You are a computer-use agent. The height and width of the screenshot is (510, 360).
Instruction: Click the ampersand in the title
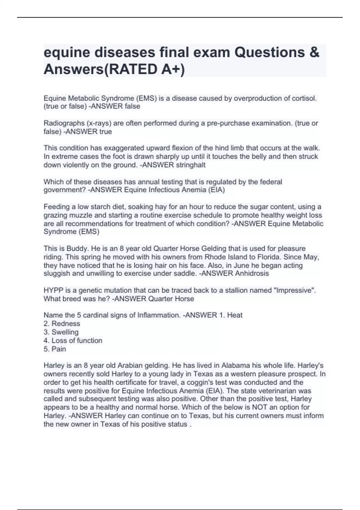(313, 52)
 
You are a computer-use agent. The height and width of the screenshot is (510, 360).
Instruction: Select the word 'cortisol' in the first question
(304, 98)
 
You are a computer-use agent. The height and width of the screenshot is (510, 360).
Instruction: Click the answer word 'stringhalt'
(190, 165)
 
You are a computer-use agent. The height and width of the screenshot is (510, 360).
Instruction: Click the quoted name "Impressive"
(295, 290)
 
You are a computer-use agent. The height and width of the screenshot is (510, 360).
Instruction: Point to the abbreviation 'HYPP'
(52, 290)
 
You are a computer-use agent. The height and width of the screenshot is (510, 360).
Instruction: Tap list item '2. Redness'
(62, 324)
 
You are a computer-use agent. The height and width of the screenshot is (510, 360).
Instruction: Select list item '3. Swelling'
(61, 332)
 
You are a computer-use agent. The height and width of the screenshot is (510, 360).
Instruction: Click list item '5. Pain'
(55, 349)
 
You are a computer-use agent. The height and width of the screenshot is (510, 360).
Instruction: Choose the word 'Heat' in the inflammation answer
(235, 315)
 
